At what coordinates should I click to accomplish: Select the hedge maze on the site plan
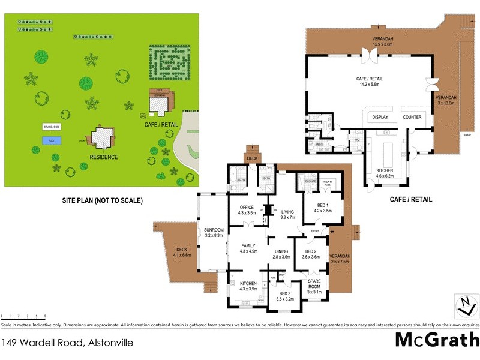click(169, 62)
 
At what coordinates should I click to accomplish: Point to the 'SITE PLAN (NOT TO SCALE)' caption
click(101, 200)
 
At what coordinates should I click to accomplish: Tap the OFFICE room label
click(247, 210)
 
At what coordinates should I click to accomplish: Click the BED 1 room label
click(322, 208)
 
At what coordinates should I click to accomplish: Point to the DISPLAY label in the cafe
click(380, 117)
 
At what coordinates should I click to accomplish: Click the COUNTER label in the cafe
click(412, 117)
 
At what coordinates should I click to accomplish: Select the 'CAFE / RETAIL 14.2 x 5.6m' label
click(369, 82)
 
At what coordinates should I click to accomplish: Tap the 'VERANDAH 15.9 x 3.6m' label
click(382, 41)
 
